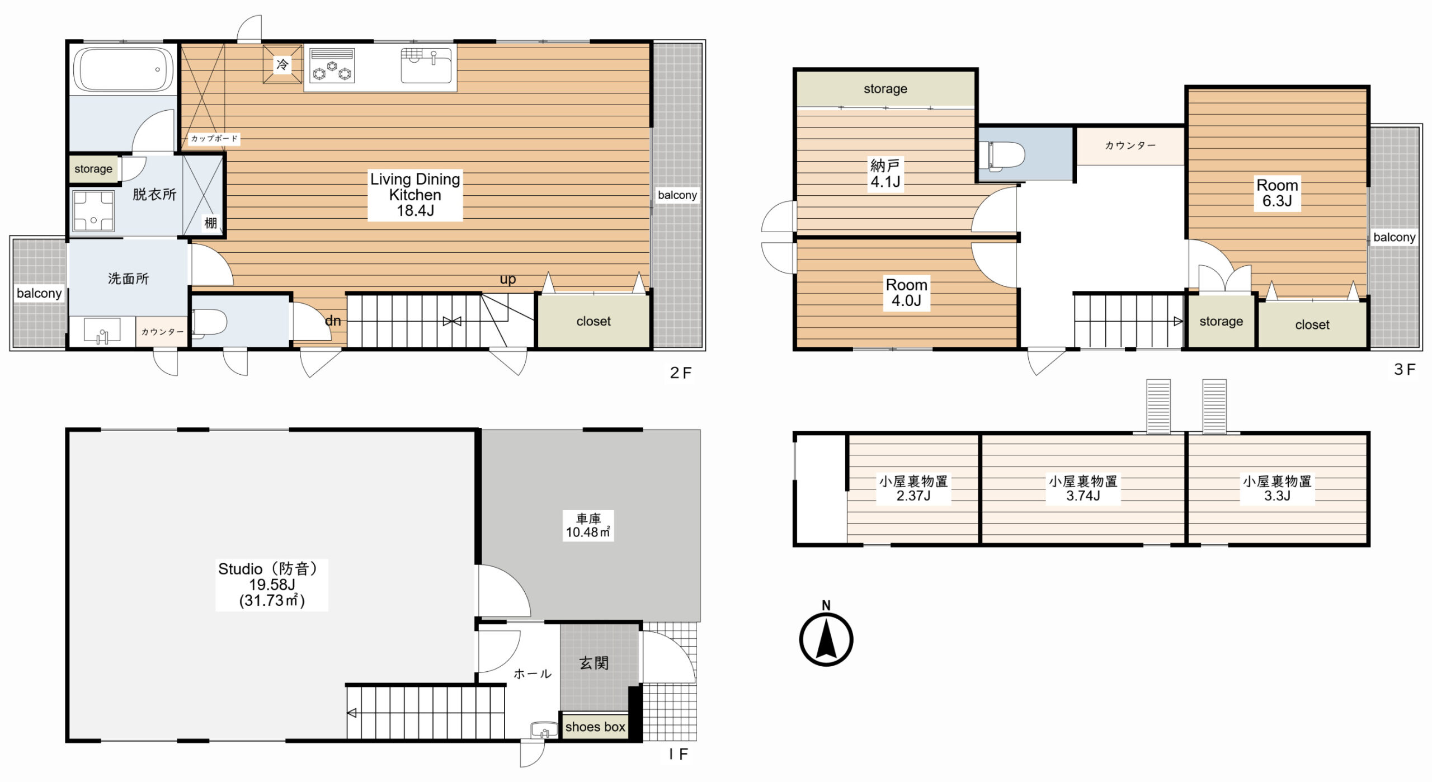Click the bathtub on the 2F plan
[x=124, y=69]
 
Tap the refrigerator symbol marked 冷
[x=282, y=64]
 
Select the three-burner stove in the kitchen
[x=332, y=67]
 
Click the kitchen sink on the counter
[x=426, y=65]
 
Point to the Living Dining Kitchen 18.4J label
[x=415, y=195]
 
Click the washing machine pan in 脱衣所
[x=93, y=211]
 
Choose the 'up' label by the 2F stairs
[x=508, y=279]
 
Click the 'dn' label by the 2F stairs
[x=333, y=321]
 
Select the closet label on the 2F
[x=593, y=321]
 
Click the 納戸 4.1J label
[x=885, y=173]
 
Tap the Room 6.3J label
[x=1277, y=193]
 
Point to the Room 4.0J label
[x=906, y=293]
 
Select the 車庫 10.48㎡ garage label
[x=588, y=526]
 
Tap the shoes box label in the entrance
[x=595, y=727]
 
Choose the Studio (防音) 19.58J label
[x=272, y=585]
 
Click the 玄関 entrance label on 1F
[x=593, y=663]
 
